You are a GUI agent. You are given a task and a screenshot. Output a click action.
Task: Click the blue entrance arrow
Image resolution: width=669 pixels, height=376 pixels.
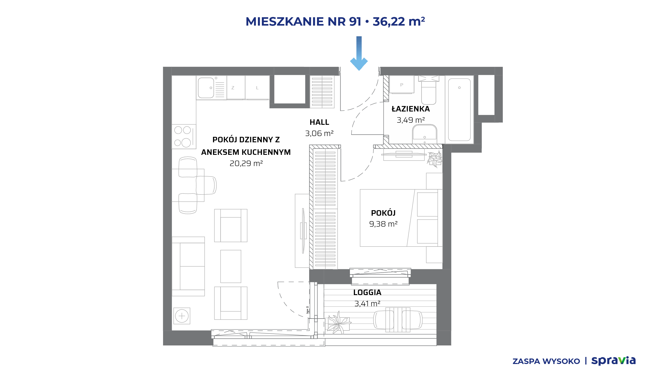[359, 53]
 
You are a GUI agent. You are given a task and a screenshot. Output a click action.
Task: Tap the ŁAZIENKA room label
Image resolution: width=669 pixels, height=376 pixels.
[411, 109]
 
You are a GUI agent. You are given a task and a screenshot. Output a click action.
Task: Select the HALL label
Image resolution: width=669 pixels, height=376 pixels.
[319, 122]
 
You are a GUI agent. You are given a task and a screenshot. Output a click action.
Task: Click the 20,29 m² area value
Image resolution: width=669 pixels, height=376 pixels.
[246, 163]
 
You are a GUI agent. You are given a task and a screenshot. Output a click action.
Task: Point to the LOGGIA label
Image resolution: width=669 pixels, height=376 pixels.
[367, 292]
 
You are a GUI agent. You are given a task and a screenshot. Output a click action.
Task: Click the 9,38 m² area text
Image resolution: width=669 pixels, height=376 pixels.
[383, 224]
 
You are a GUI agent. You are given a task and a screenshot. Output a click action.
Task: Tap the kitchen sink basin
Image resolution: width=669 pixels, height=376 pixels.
[206, 88]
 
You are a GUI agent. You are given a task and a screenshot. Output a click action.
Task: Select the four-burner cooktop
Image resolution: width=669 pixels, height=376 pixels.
[184, 137]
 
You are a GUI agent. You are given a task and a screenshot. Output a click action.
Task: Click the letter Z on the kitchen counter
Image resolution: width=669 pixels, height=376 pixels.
[233, 88]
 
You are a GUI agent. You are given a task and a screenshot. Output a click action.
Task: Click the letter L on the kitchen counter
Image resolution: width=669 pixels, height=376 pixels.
[257, 88]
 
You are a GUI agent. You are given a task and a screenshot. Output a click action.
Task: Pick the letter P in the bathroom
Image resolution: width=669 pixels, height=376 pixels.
[402, 85]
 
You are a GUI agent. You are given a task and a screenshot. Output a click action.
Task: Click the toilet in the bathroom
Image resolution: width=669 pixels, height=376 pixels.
[429, 90]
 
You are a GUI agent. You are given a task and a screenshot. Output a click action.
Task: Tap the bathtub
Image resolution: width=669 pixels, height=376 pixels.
[459, 110]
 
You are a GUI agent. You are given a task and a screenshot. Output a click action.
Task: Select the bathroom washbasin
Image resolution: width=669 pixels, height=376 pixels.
[424, 134]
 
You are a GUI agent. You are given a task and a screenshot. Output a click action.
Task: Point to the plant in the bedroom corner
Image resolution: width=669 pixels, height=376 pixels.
[435, 159]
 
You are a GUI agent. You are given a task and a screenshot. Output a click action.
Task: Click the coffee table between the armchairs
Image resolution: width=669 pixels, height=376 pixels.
[231, 266]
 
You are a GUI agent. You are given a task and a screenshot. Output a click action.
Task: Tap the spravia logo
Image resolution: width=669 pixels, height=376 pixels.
[613, 361]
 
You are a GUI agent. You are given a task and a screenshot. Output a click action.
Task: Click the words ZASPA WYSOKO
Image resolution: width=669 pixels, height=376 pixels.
[546, 361]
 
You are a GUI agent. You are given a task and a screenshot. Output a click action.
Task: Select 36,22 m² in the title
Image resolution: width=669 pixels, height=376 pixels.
[399, 21]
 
